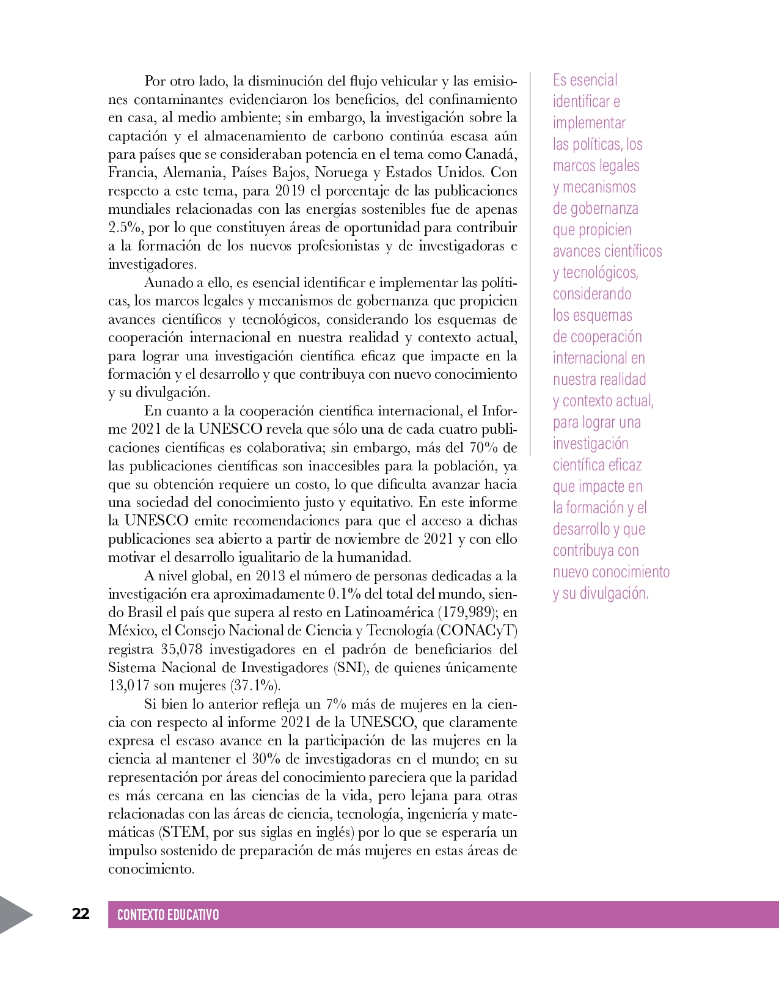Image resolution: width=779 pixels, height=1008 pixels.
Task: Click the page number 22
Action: pos(81,914)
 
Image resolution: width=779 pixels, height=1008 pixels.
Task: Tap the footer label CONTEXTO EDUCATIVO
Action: pos(168,915)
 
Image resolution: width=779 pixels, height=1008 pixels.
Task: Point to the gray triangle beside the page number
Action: pos(13,915)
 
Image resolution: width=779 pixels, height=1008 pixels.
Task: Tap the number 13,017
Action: pos(128,685)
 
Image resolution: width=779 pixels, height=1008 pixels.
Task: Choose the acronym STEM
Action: pos(184,832)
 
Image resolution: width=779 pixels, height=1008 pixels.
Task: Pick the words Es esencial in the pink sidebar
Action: pos(585,80)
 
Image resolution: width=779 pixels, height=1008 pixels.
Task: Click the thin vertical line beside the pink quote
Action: pos(530,263)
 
